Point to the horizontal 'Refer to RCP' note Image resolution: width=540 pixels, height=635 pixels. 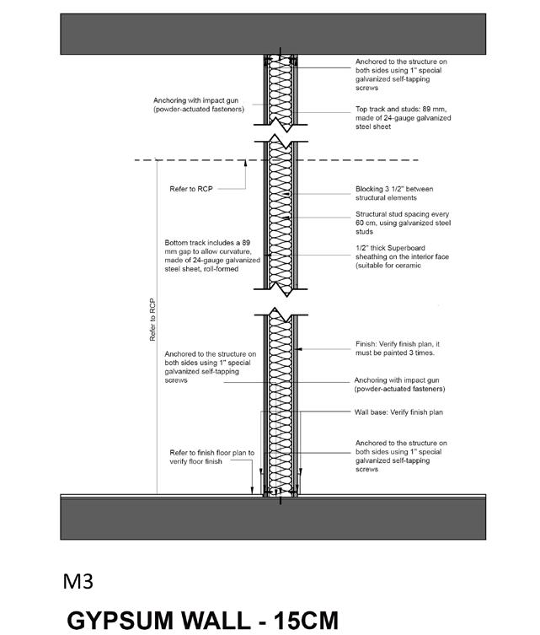click(x=193, y=190)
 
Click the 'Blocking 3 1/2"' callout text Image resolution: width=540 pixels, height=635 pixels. click(x=393, y=193)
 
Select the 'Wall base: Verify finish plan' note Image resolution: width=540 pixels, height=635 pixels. click(x=398, y=412)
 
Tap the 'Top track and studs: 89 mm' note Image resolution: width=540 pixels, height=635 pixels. click(x=403, y=118)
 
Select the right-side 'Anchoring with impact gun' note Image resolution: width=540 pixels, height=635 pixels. click(x=399, y=384)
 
